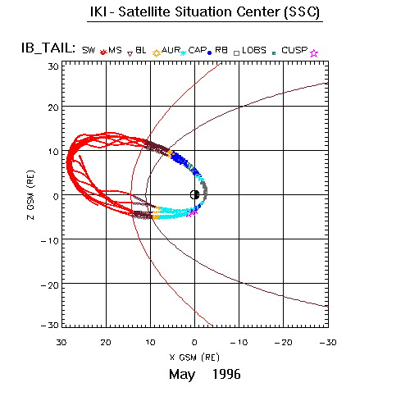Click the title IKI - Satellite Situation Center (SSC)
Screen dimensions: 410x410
(x=205, y=12)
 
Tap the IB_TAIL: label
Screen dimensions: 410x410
(x=48, y=48)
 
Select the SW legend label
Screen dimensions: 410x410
(x=89, y=50)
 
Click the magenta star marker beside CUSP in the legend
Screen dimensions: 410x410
(x=314, y=53)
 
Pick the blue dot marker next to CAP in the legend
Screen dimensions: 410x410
(x=210, y=53)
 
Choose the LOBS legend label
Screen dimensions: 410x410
(x=254, y=50)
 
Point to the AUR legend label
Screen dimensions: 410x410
(x=171, y=50)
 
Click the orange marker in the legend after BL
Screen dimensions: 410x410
(x=157, y=53)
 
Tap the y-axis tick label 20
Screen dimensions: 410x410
(x=53, y=107)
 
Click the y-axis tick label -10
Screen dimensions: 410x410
(x=50, y=241)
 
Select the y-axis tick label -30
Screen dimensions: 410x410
(x=50, y=325)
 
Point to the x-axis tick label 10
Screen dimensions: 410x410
(x=150, y=343)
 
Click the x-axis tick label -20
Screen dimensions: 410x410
(x=284, y=343)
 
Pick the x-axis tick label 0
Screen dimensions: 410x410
(x=194, y=343)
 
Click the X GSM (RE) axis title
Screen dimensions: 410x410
(x=194, y=358)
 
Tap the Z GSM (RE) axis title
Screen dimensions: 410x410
(x=31, y=195)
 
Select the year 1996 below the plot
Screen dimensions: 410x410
(x=226, y=374)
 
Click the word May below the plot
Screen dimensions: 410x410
(x=182, y=375)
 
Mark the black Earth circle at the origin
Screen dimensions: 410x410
(x=194, y=195)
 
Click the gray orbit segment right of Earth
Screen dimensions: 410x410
(x=204, y=190)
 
